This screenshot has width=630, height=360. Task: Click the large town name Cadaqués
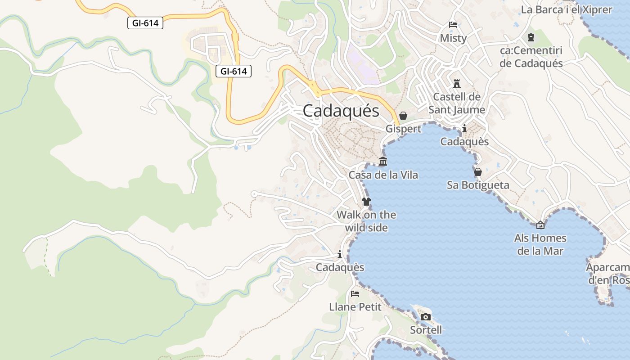coord(341,111)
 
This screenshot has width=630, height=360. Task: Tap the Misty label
coord(453,38)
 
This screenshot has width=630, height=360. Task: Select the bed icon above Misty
coord(453,25)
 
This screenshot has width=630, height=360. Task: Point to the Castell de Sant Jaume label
coord(457,103)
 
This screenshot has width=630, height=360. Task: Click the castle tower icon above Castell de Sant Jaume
coord(457,83)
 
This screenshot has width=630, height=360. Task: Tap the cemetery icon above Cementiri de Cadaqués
coord(531,37)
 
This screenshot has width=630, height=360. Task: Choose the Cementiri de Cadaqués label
coord(531,57)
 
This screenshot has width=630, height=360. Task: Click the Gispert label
coord(403,129)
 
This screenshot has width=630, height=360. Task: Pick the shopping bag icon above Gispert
coord(403,116)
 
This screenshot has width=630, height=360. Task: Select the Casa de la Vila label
coord(383,175)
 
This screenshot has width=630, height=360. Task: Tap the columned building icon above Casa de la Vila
coord(383,162)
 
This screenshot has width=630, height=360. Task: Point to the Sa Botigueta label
coord(478,185)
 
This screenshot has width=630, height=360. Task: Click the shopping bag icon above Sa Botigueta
coord(478,172)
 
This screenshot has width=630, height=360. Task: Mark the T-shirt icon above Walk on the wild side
coord(366,201)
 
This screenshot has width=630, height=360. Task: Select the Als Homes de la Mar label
coord(540,244)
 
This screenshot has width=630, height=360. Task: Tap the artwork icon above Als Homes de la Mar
coord(540,225)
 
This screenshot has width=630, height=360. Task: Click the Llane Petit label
coord(355,307)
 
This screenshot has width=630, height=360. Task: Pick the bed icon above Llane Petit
coord(355,294)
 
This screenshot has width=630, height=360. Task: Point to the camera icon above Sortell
coord(425,317)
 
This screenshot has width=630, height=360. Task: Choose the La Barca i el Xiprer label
coord(567,9)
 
